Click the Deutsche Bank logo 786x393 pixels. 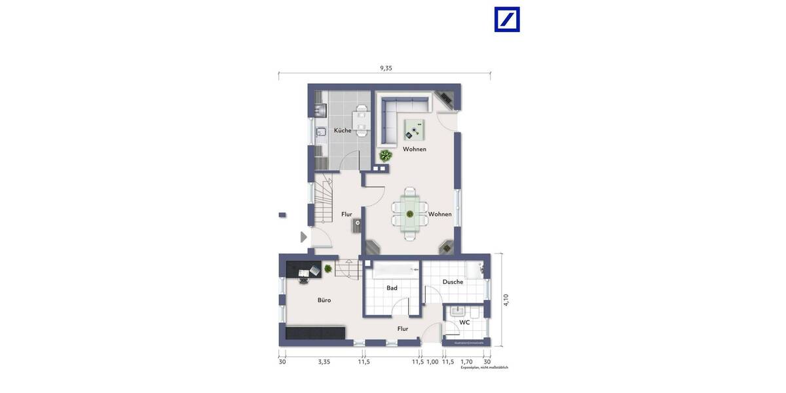pos(506,20)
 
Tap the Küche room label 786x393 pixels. pos(342,130)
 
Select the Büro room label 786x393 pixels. pos(324,300)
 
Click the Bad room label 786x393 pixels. pos(392,288)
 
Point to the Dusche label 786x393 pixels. pos(453,282)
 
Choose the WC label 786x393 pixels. pos(464,322)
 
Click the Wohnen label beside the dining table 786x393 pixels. pos(440,214)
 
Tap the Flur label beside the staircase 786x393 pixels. pos(346,214)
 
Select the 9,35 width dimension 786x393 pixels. pos(386,67)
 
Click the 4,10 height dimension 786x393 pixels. pos(506,299)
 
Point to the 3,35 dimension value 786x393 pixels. pos(324,361)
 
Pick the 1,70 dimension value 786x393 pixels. pos(466,361)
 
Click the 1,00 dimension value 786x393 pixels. pos(432,361)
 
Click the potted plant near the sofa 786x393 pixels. pos(386,156)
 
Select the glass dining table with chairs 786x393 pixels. pos(409,213)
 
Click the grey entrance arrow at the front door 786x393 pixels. pos(303,237)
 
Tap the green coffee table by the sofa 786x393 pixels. pos(414,129)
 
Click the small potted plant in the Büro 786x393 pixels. pos(327,268)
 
